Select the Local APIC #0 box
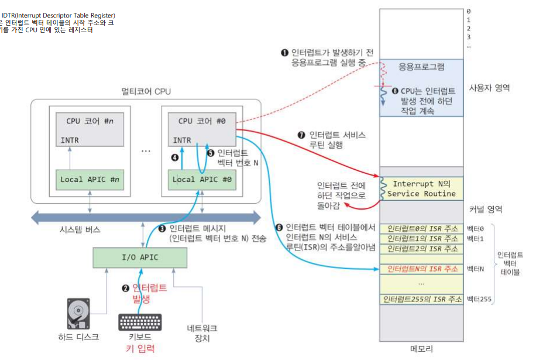[x=202, y=179]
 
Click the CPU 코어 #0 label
[x=201, y=122]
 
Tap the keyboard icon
[x=140, y=322]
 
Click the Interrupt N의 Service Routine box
[x=421, y=188]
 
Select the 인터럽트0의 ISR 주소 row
[x=421, y=228]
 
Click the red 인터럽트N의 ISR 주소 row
[x=421, y=269]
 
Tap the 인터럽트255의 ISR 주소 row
[x=421, y=300]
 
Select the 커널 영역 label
[x=486, y=209]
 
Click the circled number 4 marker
[x=174, y=157]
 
